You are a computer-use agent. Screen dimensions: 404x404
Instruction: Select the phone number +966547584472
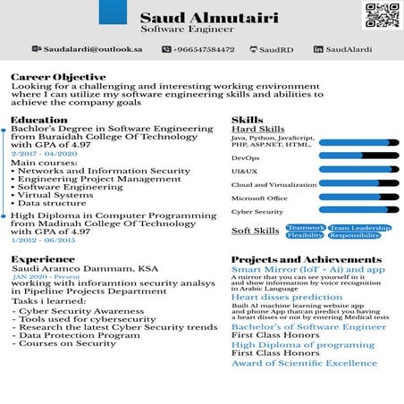[204, 49]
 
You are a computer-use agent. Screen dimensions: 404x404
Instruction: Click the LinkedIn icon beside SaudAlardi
[317, 49]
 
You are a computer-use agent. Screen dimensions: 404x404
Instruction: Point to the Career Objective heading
[49, 78]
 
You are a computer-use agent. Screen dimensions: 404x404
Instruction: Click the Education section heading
[38, 120]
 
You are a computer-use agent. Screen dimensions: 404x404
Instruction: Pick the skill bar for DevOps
[358, 157]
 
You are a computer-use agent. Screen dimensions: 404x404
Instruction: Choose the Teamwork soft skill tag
[306, 228]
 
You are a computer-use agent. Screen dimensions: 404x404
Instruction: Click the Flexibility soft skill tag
[306, 236]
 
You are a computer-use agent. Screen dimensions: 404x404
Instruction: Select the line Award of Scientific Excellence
[304, 363]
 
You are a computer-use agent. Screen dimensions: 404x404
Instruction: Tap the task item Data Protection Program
[79, 335]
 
